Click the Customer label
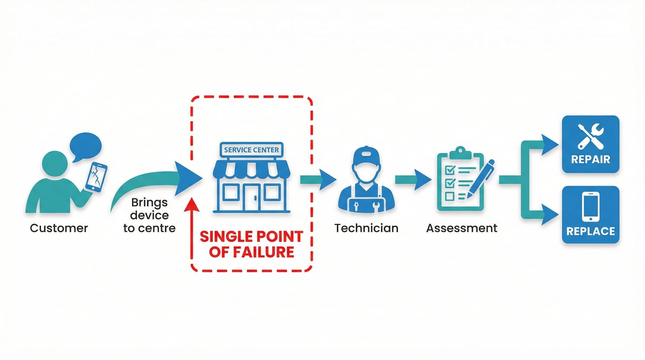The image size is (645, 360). click(x=59, y=228)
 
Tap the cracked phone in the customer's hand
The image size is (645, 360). click(x=96, y=177)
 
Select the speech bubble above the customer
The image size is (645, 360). click(x=85, y=146)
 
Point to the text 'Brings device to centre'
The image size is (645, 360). click(x=149, y=215)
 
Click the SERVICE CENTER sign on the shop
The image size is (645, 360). click(x=251, y=150)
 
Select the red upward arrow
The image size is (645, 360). click(x=192, y=228)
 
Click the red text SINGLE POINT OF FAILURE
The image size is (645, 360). click(x=251, y=244)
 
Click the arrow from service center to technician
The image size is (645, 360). click(x=318, y=180)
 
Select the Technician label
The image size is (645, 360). click(x=366, y=228)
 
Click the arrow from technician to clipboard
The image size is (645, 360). click(x=413, y=180)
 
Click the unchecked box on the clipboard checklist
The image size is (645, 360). click(x=449, y=196)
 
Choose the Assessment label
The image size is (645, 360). click(x=462, y=228)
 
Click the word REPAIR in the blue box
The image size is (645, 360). click(x=590, y=159)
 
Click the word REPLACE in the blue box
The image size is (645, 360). click(x=590, y=231)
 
